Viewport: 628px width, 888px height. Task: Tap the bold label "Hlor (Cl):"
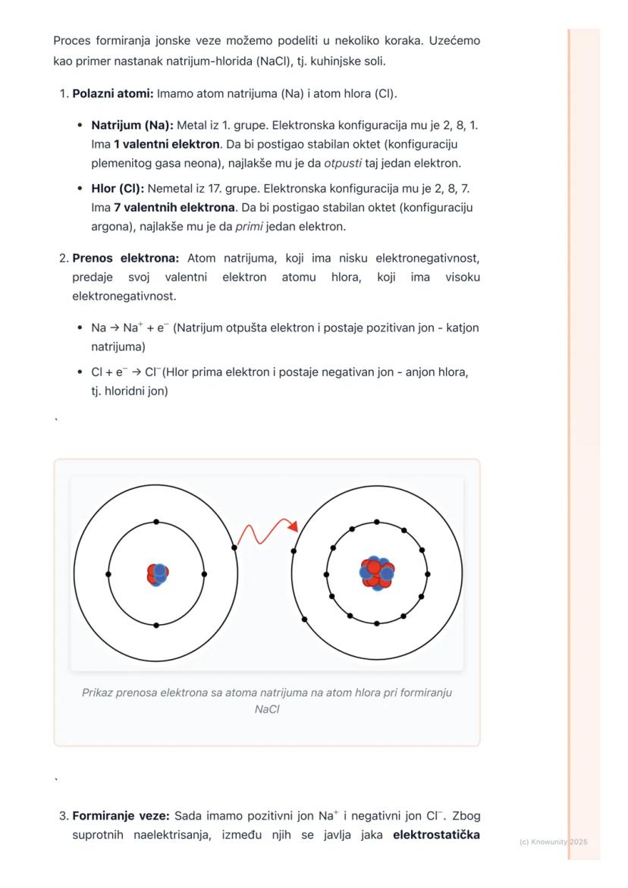118,187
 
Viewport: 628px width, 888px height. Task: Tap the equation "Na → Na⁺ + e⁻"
130,328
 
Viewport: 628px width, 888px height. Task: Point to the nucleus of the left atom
157,574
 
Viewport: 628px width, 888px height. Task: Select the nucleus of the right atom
377,574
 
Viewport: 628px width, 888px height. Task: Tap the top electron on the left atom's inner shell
156,522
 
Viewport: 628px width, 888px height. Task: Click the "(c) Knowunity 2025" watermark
554,843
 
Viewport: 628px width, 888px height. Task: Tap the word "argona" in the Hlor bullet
109,227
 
